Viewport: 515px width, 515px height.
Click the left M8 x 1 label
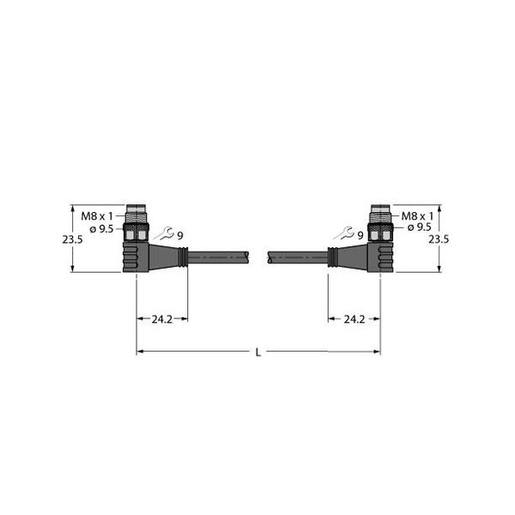click(x=98, y=216)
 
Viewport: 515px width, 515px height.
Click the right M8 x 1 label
click(x=418, y=216)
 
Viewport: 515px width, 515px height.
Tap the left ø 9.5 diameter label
click(x=101, y=228)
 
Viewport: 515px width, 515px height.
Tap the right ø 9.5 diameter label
click(x=419, y=228)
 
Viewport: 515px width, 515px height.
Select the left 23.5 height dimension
click(x=72, y=240)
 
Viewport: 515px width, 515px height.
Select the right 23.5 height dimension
click(x=438, y=240)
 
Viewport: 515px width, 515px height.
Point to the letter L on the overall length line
click(x=258, y=352)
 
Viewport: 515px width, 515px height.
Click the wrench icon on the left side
click(x=163, y=233)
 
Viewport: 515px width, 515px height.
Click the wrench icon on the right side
click(x=344, y=233)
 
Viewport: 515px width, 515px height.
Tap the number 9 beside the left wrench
click(x=180, y=235)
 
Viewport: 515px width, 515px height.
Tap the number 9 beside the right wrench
click(x=360, y=235)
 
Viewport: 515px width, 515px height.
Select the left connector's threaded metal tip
click(x=136, y=212)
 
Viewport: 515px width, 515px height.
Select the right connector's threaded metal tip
click(x=379, y=212)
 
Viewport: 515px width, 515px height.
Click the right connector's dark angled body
click(x=379, y=256)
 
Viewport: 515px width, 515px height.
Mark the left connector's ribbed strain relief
click(x=183, y=255)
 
